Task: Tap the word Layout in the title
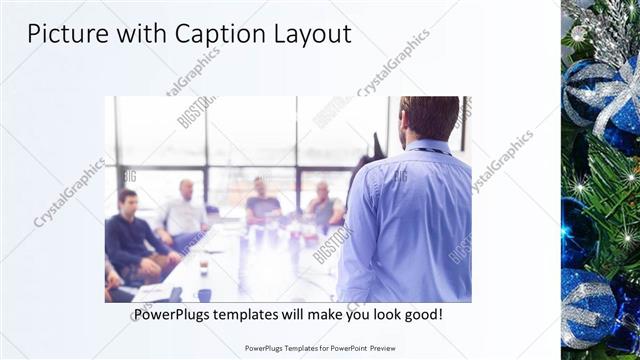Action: [311, 34]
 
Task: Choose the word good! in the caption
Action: [420, 315]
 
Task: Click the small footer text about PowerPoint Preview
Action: [319, 348]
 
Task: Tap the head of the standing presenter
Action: [429, 117]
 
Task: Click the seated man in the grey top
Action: [323, 205]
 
